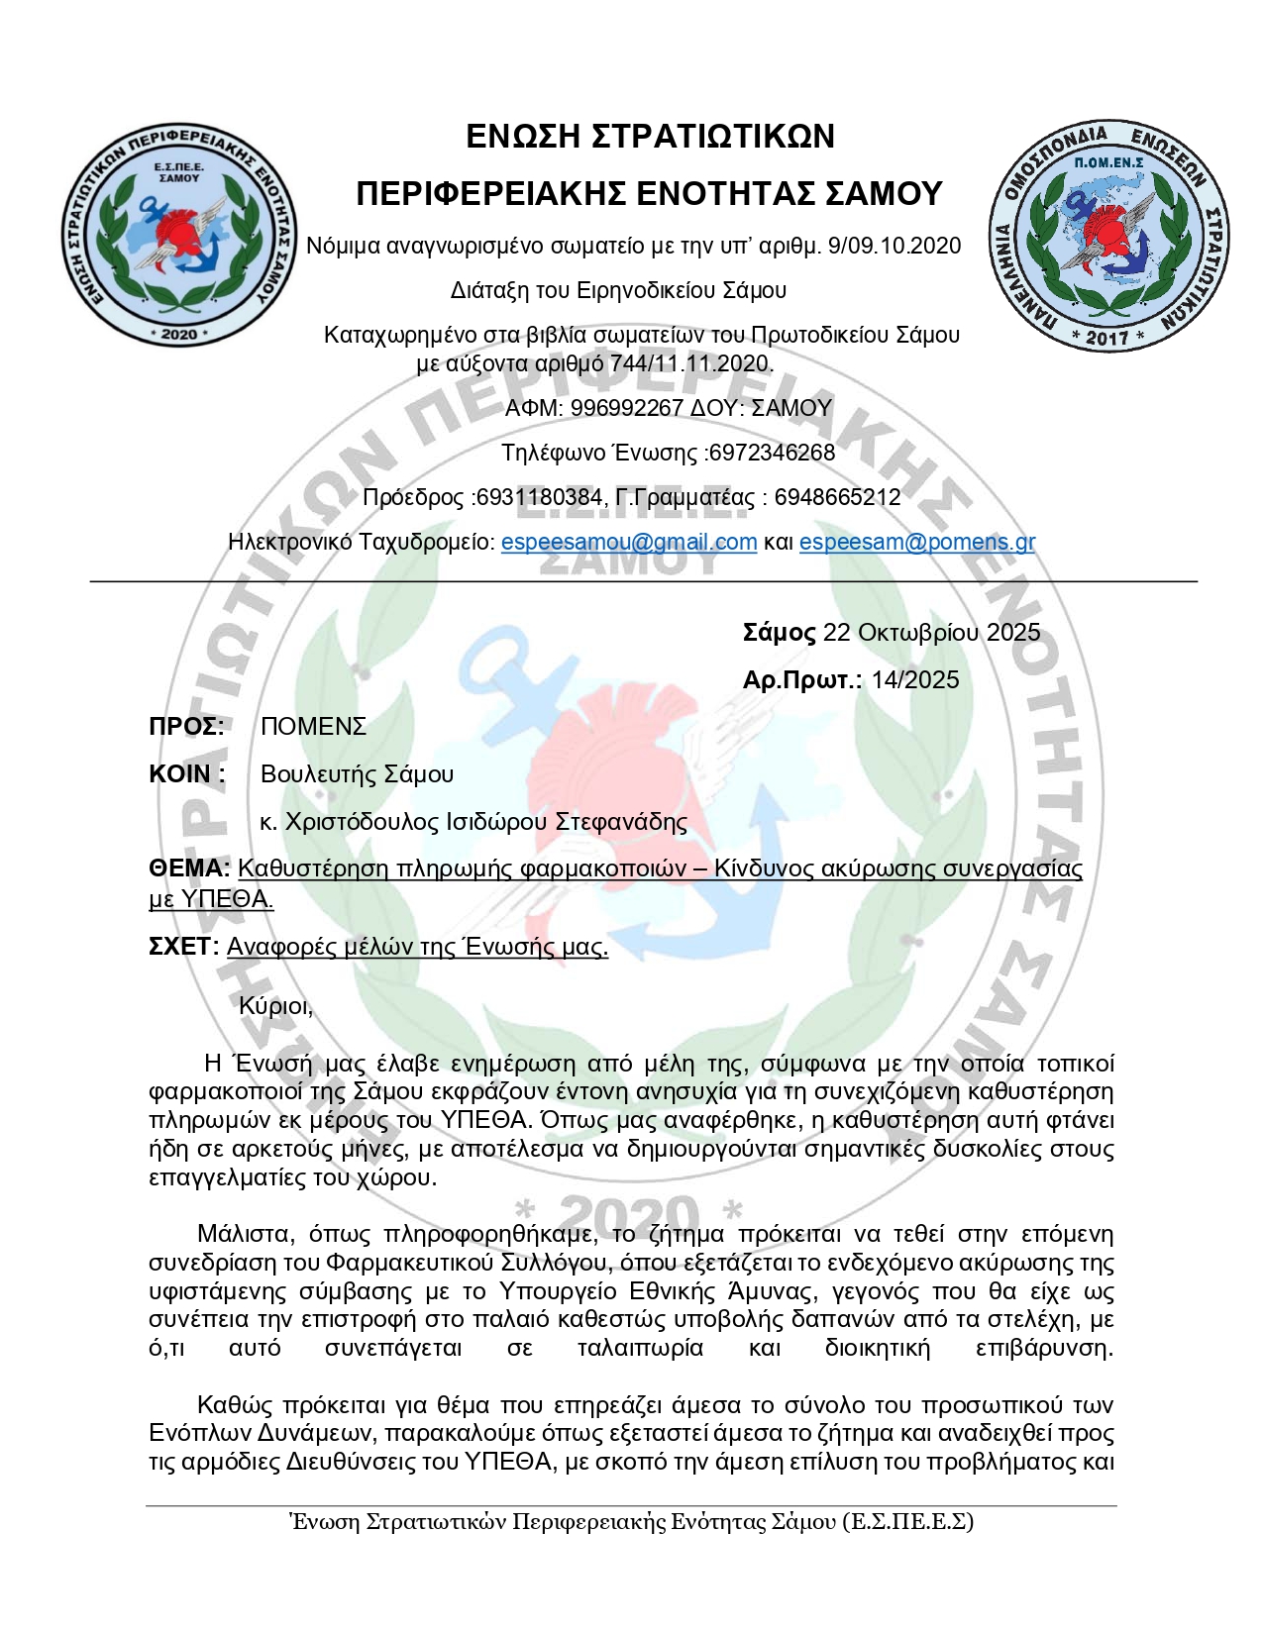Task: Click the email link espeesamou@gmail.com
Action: (x=629, y=542)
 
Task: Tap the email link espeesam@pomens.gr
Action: (x=916, y=542)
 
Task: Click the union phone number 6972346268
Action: (x=773, y=453)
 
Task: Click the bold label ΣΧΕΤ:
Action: (x=183, y=947)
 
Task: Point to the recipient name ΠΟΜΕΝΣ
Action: (x=313, y=726)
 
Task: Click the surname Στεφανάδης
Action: (x=621, y=822)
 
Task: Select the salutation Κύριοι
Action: (x=275, y=1006)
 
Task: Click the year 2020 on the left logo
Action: (x=179, y=334)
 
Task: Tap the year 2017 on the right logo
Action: (x=1107, y=337)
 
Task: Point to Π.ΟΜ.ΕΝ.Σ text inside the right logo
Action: (x=1108, y=161)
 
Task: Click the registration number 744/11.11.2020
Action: (x=689, y=363)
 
